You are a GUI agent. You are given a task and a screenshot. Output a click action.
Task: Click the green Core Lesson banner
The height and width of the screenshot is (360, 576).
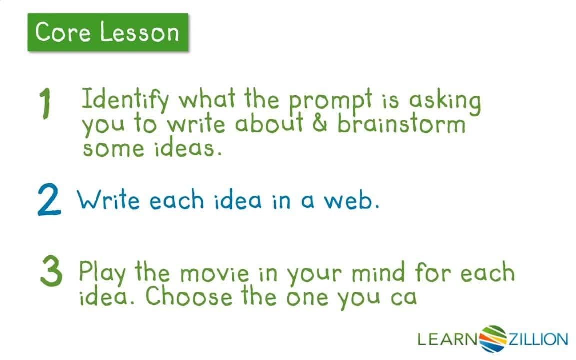pyautogui.click(x=108, y=32)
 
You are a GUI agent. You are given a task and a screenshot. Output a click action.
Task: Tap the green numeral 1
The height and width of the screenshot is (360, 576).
pyautogui.click(x=45, y=105)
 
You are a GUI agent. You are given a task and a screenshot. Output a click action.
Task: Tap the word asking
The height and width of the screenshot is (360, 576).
pyautogui.click(x=444, y=101)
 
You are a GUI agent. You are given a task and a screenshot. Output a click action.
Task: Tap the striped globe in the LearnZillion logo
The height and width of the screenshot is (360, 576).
pyautogui.click(x=493, y=339)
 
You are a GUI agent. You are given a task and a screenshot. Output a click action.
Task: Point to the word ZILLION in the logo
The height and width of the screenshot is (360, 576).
pyautogui.click(x=538, y=340)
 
